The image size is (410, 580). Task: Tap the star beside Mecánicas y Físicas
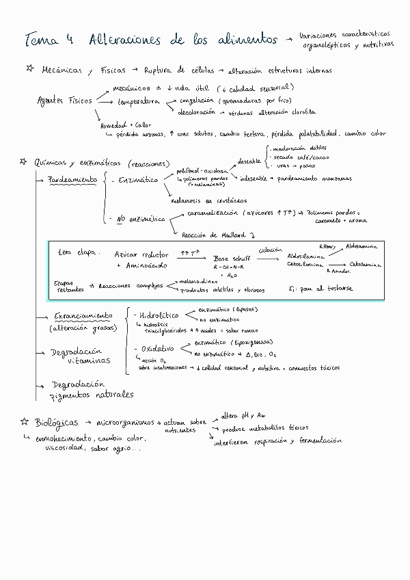[x=29, y=69]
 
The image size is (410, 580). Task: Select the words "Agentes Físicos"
[x=64, y=101]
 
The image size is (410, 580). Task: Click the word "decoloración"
[x=197, y=111]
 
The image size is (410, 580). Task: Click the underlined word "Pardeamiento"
[x=72, y=180]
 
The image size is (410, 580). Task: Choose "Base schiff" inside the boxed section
[x=230, y=259]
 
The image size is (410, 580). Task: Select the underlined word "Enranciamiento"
[x=83, y=316]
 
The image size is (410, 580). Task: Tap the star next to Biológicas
[x=23, y=422]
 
